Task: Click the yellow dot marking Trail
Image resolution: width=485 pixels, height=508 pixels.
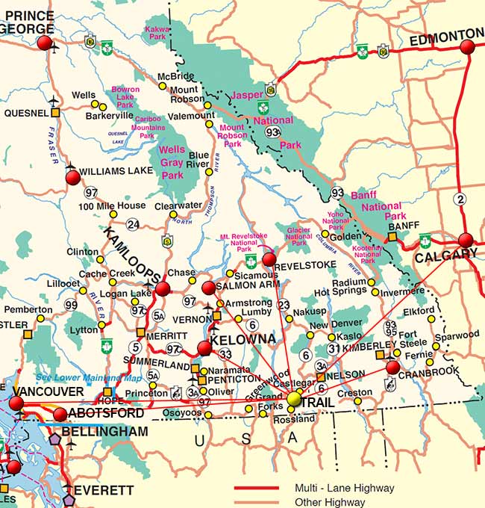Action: [x=294, y=399]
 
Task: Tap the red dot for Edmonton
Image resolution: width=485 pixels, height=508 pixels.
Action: [x=467, y=47]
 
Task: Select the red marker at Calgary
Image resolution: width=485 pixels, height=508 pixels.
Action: [x=466, y=241]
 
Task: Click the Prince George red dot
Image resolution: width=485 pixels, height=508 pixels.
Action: [x=45, y=43]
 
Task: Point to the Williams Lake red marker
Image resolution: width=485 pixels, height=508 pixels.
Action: [x=72, y=177]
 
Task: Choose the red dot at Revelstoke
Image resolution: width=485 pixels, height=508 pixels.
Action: [x=269, y=259]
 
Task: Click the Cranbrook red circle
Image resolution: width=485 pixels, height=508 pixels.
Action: [x=392, y=367]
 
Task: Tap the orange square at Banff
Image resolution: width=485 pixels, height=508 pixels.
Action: [x=391, y=237]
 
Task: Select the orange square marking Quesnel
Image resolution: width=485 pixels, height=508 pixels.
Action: [x=55, y=113]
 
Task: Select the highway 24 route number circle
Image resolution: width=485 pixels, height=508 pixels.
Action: [x=133, y=224]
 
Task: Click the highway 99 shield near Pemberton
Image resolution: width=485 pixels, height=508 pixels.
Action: [x=72, y=305]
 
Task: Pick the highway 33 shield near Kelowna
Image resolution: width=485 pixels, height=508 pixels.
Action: [x=225, y=354]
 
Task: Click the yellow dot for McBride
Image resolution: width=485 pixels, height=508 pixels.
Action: [x=162, y=86]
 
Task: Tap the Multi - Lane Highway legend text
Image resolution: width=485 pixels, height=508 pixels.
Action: [x=344, y=488]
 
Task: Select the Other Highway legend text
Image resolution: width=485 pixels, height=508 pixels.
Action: [x=330, y=501]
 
